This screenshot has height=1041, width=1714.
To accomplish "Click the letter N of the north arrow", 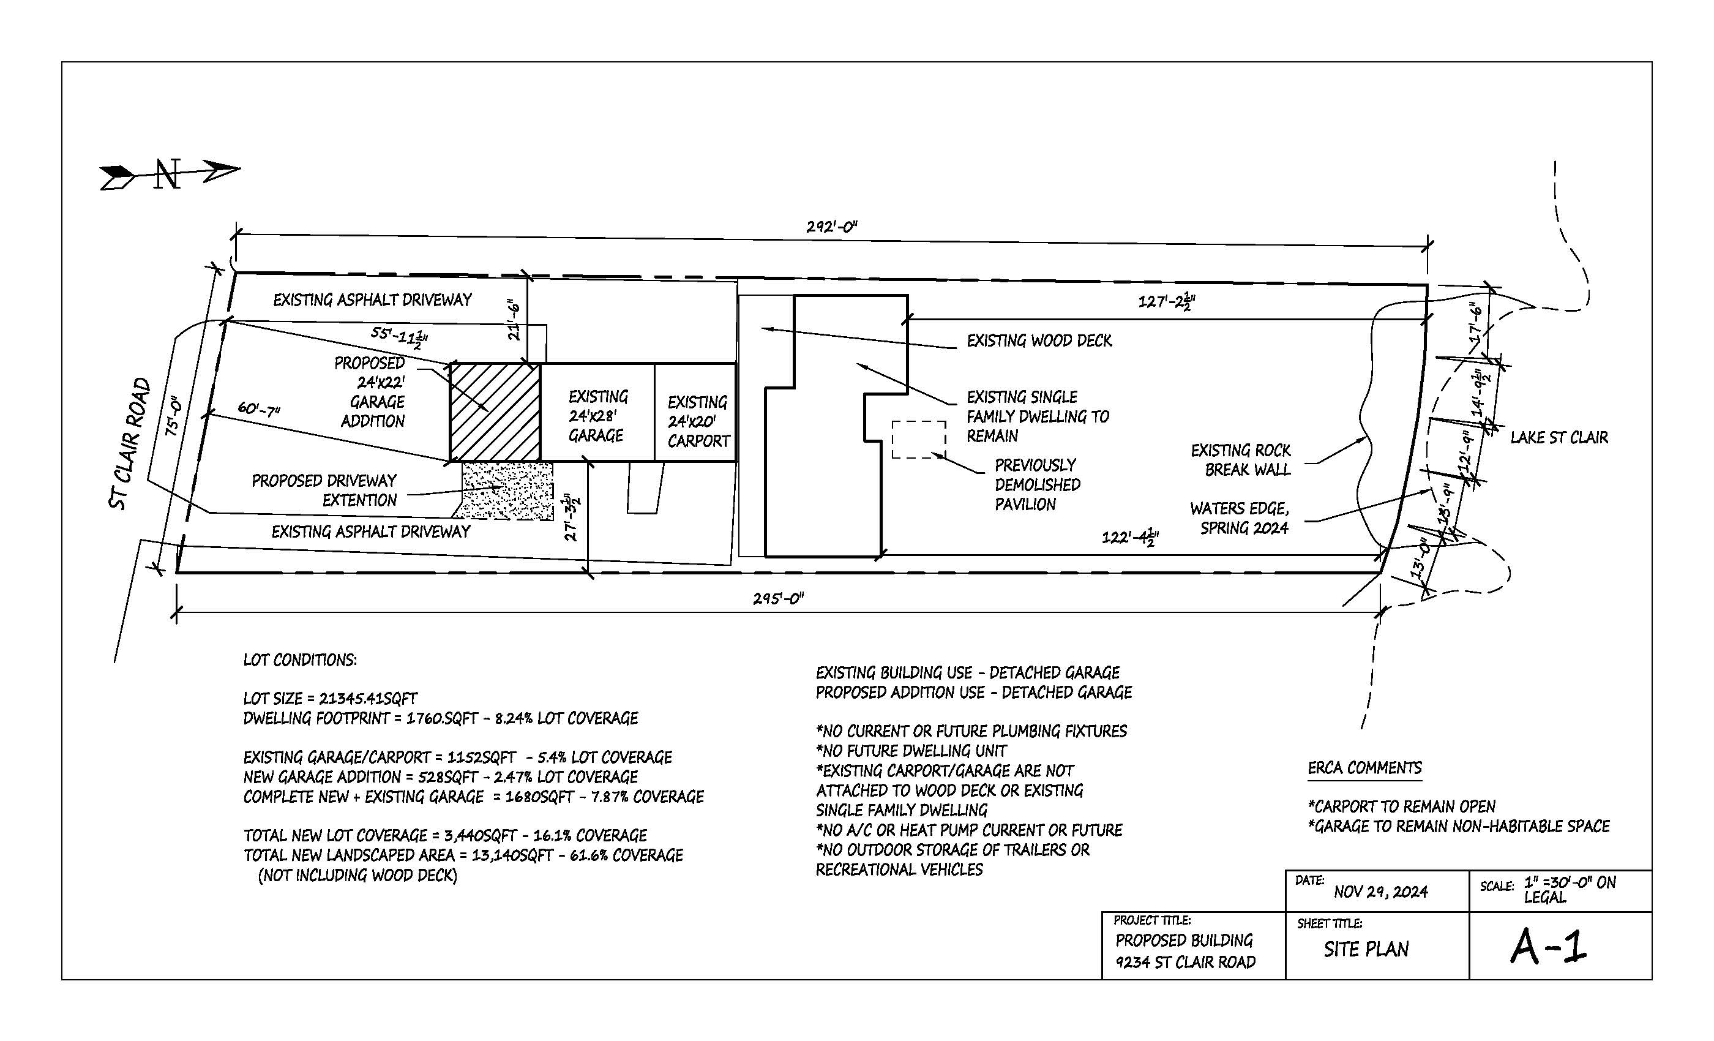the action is click(x=168, y=175).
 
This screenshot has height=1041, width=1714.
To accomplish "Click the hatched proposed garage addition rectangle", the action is click(x=495, y=412).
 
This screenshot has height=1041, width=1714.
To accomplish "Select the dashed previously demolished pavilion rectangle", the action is click(x=919, y=439).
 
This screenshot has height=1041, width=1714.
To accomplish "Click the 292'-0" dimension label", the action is click(x=832, y=226).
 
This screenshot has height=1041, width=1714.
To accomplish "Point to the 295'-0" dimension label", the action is click(x=779, y=598).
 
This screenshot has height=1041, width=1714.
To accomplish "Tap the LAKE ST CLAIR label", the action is click(x=1559, y=437).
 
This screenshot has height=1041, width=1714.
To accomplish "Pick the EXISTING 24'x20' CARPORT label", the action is click(x=698, y=422).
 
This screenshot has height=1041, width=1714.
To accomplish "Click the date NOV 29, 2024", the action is click(x=1380, y=892).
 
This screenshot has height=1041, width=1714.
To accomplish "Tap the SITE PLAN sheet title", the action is click(x=1366, y=949).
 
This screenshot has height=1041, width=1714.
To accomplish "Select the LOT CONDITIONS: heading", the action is click(x=300, y=660).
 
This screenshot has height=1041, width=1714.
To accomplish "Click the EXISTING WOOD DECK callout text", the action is click(x=1039, y=340).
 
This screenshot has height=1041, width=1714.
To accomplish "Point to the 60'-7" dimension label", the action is click(x=259, y=408).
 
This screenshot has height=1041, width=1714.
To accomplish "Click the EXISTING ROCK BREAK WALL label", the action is click(x=1241, y=460).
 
